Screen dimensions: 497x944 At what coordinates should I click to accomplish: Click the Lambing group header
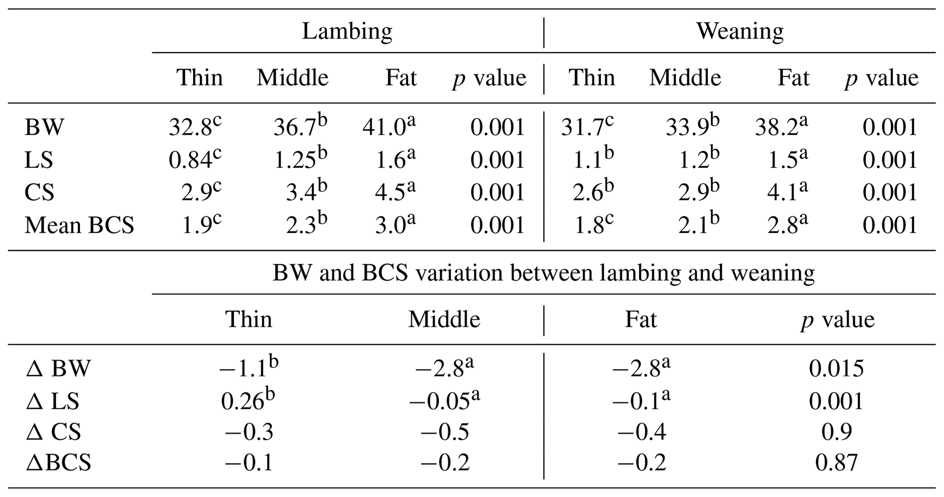tap(347, 32)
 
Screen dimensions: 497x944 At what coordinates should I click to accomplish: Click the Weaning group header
tap(739, 32)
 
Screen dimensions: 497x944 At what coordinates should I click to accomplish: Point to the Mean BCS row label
tap(79, 225)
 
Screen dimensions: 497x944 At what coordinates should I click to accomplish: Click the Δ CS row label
tap(53, 432)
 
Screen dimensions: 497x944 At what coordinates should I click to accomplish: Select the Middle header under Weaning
tap(685, 78)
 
